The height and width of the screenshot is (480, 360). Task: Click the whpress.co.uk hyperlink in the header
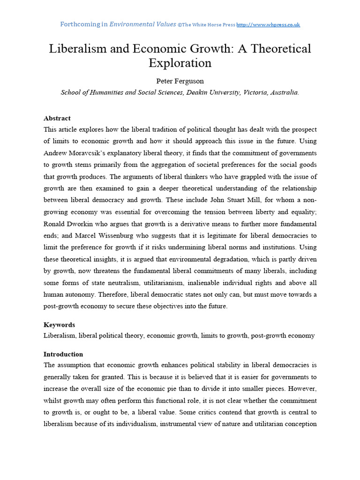(268, 24)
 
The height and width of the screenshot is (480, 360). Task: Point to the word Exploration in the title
(180, 63)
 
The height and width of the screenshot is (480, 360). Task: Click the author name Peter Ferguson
(180, 81)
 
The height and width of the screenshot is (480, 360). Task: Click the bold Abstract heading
(57, 118)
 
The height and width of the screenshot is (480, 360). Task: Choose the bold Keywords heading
(59, 325)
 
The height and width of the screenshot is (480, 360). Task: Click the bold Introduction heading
(63, 354)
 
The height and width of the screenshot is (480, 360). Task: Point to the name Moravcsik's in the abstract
(94, 153)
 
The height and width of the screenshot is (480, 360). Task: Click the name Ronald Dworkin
(68, 224)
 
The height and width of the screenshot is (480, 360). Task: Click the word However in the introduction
(300, 390)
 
